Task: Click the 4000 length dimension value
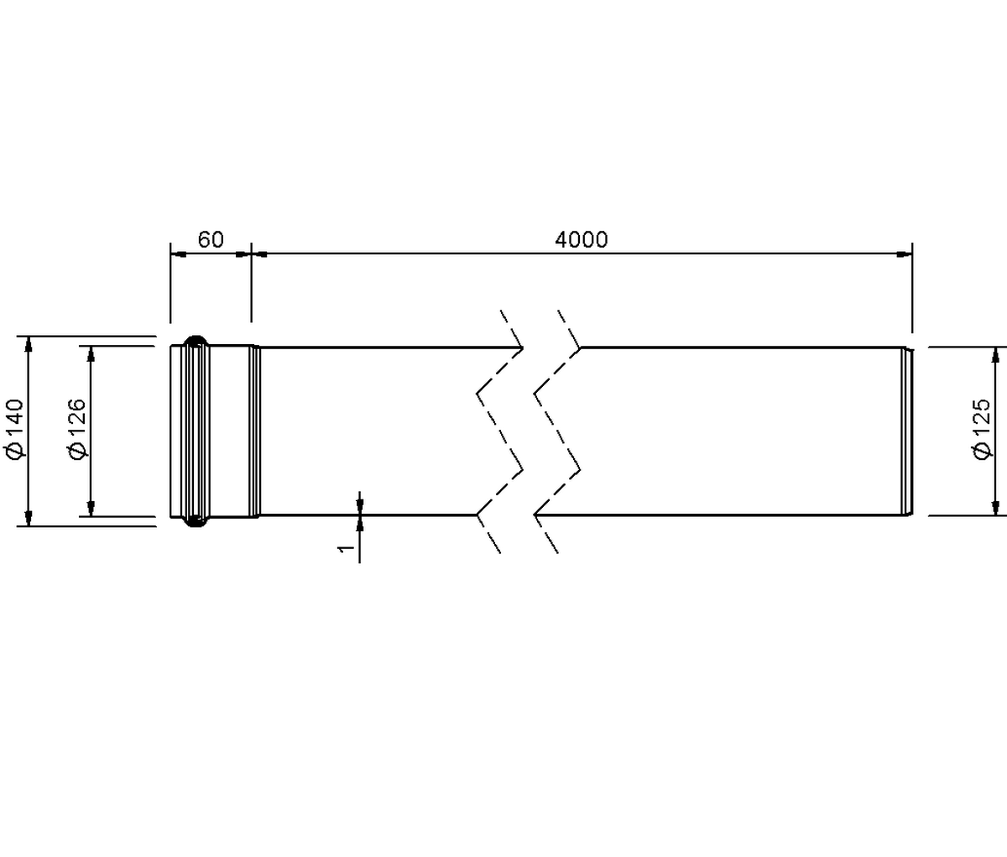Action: (582, 240)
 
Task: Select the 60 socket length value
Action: (211, 240)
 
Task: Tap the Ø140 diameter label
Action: (16, 429)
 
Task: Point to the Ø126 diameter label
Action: (78, 429)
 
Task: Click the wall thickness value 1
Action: (346, 549)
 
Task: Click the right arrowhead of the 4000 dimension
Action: (905, 253)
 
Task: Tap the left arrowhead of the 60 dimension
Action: (178, 253)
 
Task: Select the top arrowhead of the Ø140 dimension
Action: (29, 344)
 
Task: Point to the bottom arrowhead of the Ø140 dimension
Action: (29, 519)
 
